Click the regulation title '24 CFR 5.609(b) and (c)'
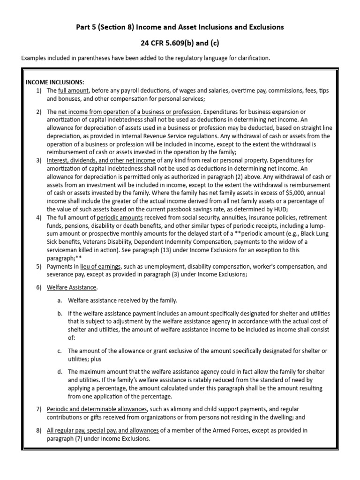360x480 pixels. [x=180, y=43]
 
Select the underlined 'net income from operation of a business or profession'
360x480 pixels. [x=129, y=112]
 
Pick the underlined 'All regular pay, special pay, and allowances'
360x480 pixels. [x=103, y=430]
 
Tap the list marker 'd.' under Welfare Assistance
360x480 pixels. [x=60, y=372]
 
